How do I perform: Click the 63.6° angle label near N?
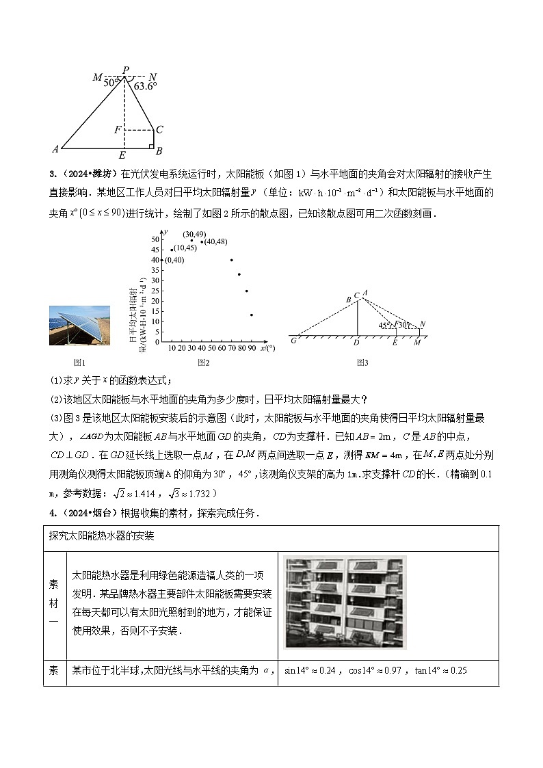coord(145,86)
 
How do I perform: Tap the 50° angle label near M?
coord(111,83)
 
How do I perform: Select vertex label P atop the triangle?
coord(125,70)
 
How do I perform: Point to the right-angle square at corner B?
coord(151,145)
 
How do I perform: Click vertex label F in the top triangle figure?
coord(118,129)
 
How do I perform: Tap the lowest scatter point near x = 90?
coord(252,315)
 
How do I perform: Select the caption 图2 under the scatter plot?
coord(203,362)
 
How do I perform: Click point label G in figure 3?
coord(293,341)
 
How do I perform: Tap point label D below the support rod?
coord(356,342)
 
